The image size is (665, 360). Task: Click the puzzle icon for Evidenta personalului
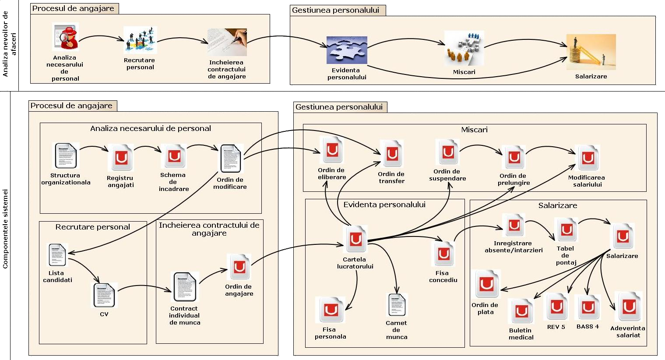coord(347,50)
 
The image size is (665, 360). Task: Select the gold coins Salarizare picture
coord(591,52)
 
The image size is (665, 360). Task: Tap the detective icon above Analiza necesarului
coord(65,38)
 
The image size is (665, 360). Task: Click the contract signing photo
coord(227,42)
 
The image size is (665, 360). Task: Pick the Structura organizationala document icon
coord(66,156)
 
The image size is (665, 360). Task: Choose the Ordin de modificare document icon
coord(230,159)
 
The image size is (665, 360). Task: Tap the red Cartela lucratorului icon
coord(355,239)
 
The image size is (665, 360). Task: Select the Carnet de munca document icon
coord(398,305)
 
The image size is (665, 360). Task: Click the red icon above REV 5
coord(556,307)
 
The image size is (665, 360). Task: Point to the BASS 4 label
coord(588,327)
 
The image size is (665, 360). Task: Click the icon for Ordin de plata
coord(487,284)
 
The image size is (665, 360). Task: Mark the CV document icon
coord(104,295)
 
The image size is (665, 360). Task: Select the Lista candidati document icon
coord(57,255)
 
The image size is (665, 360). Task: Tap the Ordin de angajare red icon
coord(239,267)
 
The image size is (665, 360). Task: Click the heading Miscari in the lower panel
coord(474,130)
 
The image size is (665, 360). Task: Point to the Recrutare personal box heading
coord(93,227)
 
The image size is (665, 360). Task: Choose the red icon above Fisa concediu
coord(443,254)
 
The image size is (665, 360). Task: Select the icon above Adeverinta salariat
coord(629,307)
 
